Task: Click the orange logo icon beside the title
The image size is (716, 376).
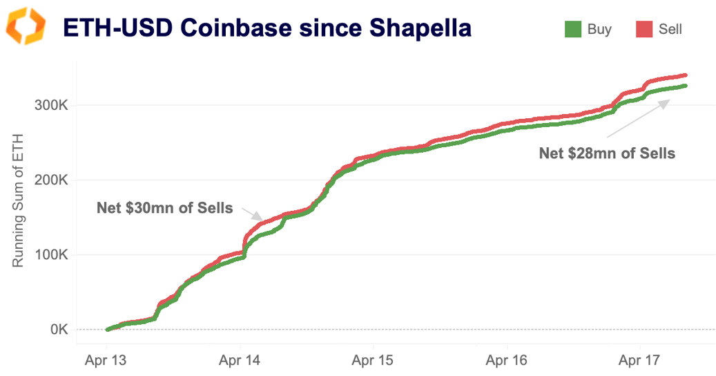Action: pyautogui.click(x=26, y=26)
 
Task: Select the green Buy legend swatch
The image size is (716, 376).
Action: pyautogui.click(x=573, y=30)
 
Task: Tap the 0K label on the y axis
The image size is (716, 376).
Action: pyautogui.click(x=57, y=330)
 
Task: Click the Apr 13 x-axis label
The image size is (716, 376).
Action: pyautogui.click(x=106, y=360)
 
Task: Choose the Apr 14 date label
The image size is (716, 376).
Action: pyautogui.click(x=240, y=360)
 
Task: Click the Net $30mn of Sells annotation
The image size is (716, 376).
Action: pyautogui.click(x=164, y=207)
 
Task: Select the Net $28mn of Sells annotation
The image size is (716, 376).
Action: pyautogui.click(x=606, y=153)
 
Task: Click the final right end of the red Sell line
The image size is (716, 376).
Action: pyautogui.click(x=685, y=75)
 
